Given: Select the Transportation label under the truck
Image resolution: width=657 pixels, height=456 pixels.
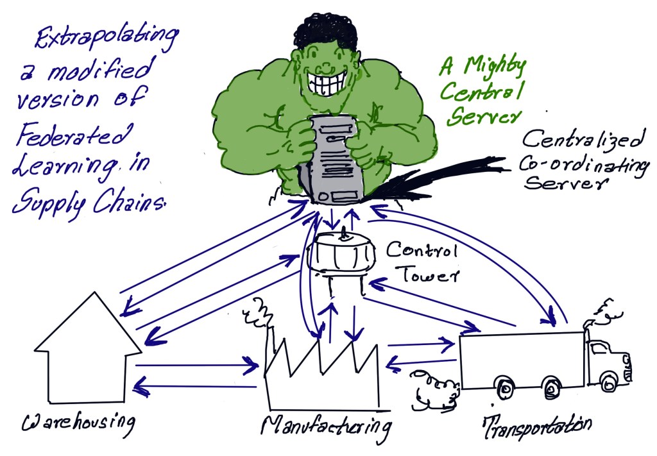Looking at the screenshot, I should tap(536, 425).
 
